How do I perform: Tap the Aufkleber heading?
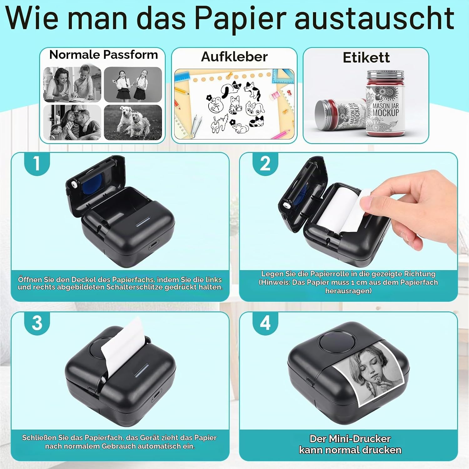pos(234,57)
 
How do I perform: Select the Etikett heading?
pos(366,58)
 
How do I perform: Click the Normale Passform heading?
pos(103,55)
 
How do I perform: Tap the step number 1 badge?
pos(37,163)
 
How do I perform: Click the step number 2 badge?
pos(265,163)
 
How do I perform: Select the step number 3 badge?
pos(37,323)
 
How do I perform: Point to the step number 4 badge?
pos(265,323)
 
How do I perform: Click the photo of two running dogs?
pos(133,122)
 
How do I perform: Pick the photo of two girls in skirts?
pos(133,84)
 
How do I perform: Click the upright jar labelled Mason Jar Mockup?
pos(386,103)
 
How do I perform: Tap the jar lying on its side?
pos(340,114)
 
